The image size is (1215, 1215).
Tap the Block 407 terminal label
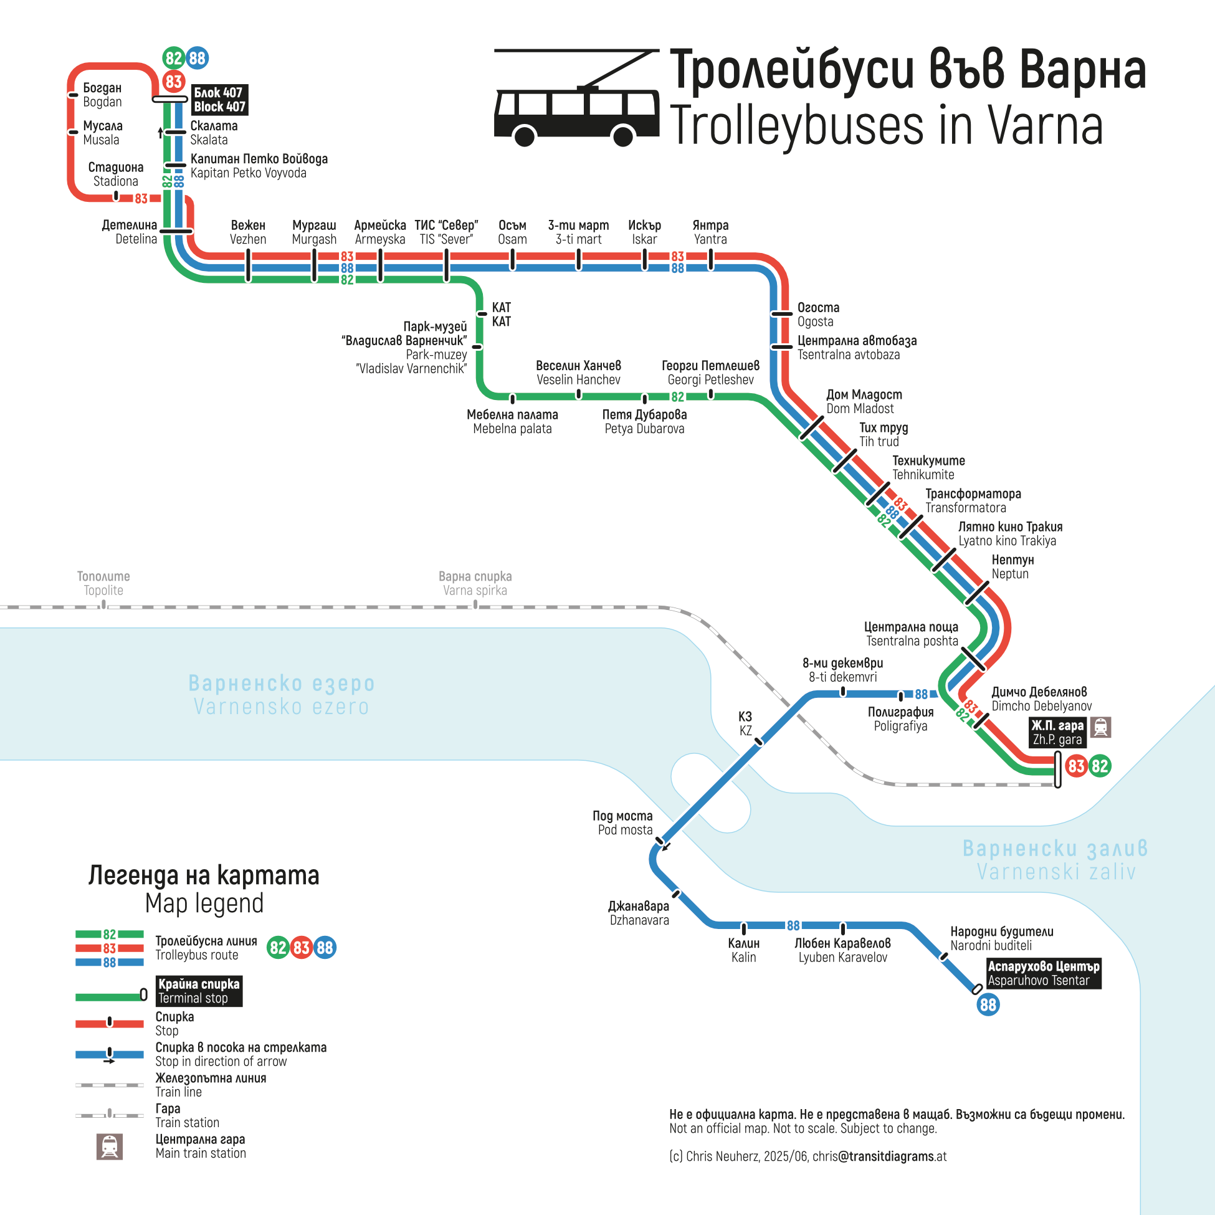tap(219, 99)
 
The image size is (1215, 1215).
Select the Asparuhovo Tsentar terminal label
tap(1042, 973)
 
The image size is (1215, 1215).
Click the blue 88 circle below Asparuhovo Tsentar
tap(988, 1004)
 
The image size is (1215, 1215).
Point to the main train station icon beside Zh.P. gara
tap(1100, 727)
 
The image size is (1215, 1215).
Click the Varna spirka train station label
tap(475, 583)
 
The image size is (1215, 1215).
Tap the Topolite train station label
tap(103, 583)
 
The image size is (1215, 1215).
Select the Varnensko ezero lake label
tap(281, 694)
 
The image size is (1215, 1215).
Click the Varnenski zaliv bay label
tap(1055, 860)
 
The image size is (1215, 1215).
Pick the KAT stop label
tap(501, 315)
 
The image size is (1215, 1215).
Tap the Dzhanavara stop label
tap(638, 913)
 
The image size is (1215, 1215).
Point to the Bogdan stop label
tap(103, 95)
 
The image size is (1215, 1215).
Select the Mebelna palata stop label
tap(512, 421)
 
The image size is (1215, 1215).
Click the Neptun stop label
tap(1012, 566)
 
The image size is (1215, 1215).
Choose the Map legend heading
tap(204, 889)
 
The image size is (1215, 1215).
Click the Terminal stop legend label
tap(199, 991)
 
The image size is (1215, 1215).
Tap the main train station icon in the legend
tap(110, 1146)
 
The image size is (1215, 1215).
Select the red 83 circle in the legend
tap(301, 948)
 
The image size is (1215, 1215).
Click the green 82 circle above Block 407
tap(173, 59)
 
